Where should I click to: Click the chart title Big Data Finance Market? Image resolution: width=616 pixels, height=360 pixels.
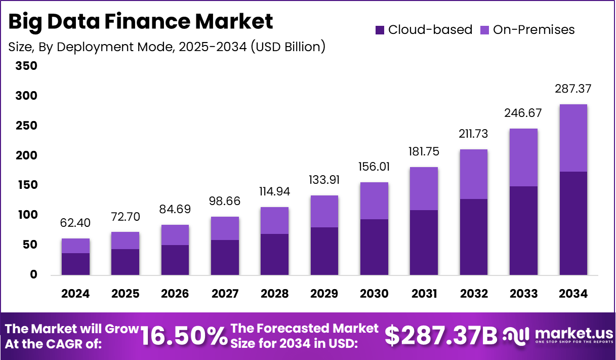(x=141, y=22)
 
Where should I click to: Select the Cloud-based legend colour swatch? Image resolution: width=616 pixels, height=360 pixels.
(x=380, y=30)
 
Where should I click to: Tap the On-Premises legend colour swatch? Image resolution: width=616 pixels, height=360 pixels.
(x=484, y=30)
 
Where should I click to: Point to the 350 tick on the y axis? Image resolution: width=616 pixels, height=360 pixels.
(x=26, y=66)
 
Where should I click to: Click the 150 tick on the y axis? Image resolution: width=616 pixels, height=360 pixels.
(x=26, y=185)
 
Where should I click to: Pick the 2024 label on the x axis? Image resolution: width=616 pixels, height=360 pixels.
(x=76, y=294)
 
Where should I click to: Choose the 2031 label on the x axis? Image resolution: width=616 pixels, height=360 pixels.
(x=424, y=294)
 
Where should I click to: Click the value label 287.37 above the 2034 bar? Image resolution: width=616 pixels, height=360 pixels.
(x=573, y=89)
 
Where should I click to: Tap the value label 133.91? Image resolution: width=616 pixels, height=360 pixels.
(x=324, y=180)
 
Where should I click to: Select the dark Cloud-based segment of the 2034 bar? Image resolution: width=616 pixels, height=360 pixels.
(x=573, y=223)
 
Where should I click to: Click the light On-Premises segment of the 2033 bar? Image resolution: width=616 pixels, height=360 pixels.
(x=523, y=157)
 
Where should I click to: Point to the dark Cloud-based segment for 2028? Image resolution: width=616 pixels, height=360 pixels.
(x=275, y=254)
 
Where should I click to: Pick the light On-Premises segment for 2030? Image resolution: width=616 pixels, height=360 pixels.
(x=374, y=201)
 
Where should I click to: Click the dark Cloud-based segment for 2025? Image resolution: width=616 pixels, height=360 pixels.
(x=126, y=262)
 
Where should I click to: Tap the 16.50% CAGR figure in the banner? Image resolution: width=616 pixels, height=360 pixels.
(x=184, y=336)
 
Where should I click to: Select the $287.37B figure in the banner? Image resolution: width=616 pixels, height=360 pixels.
(x=441, y=336)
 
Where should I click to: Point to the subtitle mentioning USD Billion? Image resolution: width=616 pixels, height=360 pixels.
(x=167, y=47)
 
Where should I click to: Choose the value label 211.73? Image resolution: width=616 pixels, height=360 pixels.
(x=473, y=134)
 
